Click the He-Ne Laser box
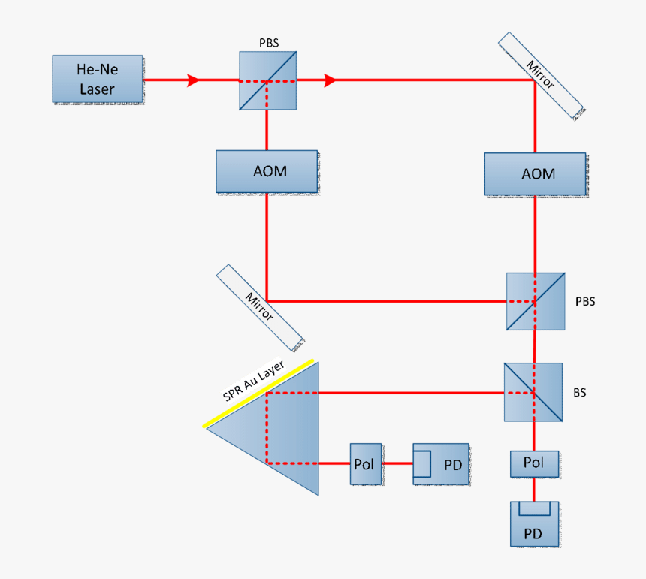[x=97, y=79]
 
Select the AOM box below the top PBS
[x=267, y=171]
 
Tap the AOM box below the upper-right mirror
[x=534, y=174]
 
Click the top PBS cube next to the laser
[x=268, y=80]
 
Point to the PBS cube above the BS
[x=535, y=301]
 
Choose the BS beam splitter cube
[x=533, y=392]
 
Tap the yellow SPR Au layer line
[x=258, y=394]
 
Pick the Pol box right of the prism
[x=364, y=464]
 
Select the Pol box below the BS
[x=534, y=463]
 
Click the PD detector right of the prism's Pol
[x=440, y=464]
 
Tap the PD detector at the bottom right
[x=534, y=523]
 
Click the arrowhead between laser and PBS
[x=193, y=80]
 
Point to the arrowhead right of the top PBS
[x=329, y=80]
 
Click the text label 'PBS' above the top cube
[x=268, y=43]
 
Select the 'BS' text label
[x=579, y=392]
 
